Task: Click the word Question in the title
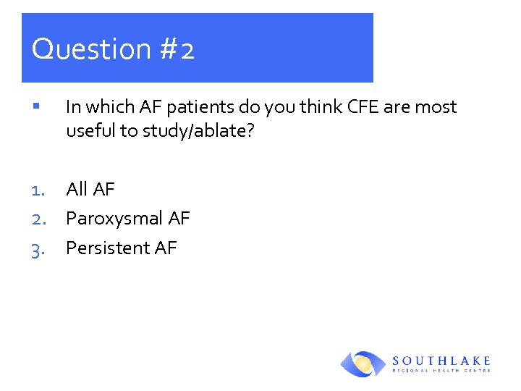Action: tap(91, 50)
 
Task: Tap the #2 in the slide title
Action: tap(177, 50)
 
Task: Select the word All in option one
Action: tap(77, 190)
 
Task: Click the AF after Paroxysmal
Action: tap(178, 219)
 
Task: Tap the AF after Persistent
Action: tap(165, 248)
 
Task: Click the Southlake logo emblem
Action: tap(363, 363)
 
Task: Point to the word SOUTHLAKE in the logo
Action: tap(442, 360)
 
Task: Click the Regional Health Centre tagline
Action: tap(442, 370)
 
